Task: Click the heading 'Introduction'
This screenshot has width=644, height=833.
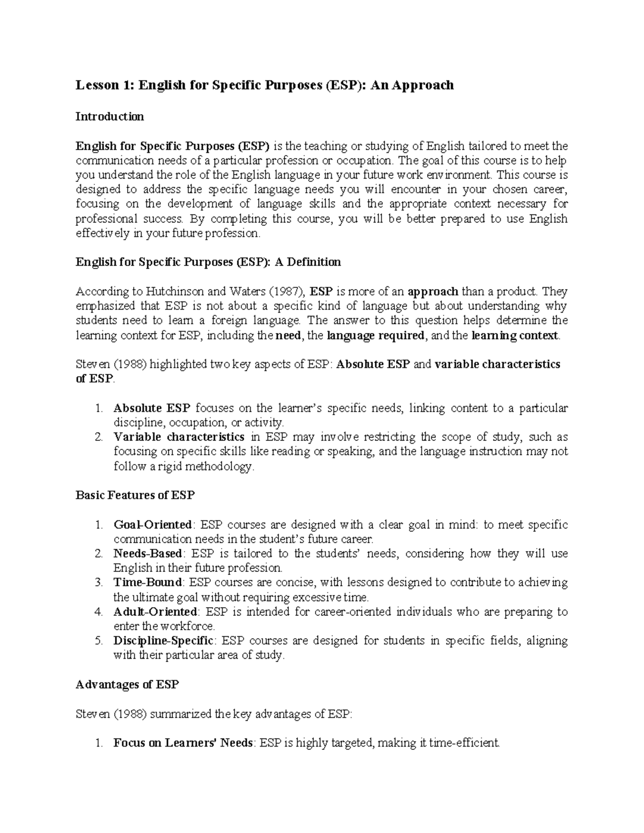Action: point(109,116)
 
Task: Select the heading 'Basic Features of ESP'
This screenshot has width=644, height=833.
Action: point(135,495)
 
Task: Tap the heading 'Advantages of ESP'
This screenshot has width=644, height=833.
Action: point(127,684)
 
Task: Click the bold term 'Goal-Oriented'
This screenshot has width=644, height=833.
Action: point(152,525)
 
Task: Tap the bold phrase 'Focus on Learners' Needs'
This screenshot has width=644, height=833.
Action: point(182,743)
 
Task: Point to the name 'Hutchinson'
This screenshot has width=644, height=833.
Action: point(174,292)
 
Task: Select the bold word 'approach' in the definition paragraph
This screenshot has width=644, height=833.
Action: point(433,292)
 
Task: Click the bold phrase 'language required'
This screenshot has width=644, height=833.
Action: point(376,336)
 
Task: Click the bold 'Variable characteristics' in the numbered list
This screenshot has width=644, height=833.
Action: point(179,437)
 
